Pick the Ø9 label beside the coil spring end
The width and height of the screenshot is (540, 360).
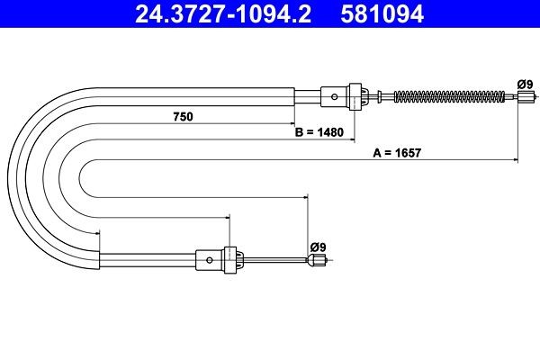(x=525, y=84)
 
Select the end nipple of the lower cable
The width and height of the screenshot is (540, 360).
(x=315, y=261)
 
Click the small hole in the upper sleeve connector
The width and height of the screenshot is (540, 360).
(x=335, y=95)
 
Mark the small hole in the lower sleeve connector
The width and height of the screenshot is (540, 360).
(x=210, y=261)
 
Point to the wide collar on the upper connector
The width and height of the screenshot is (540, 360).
(x=355, y=95)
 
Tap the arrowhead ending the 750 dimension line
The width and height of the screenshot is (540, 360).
(x=292, y=123)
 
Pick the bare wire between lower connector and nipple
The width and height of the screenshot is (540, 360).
(x=274, y=261)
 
